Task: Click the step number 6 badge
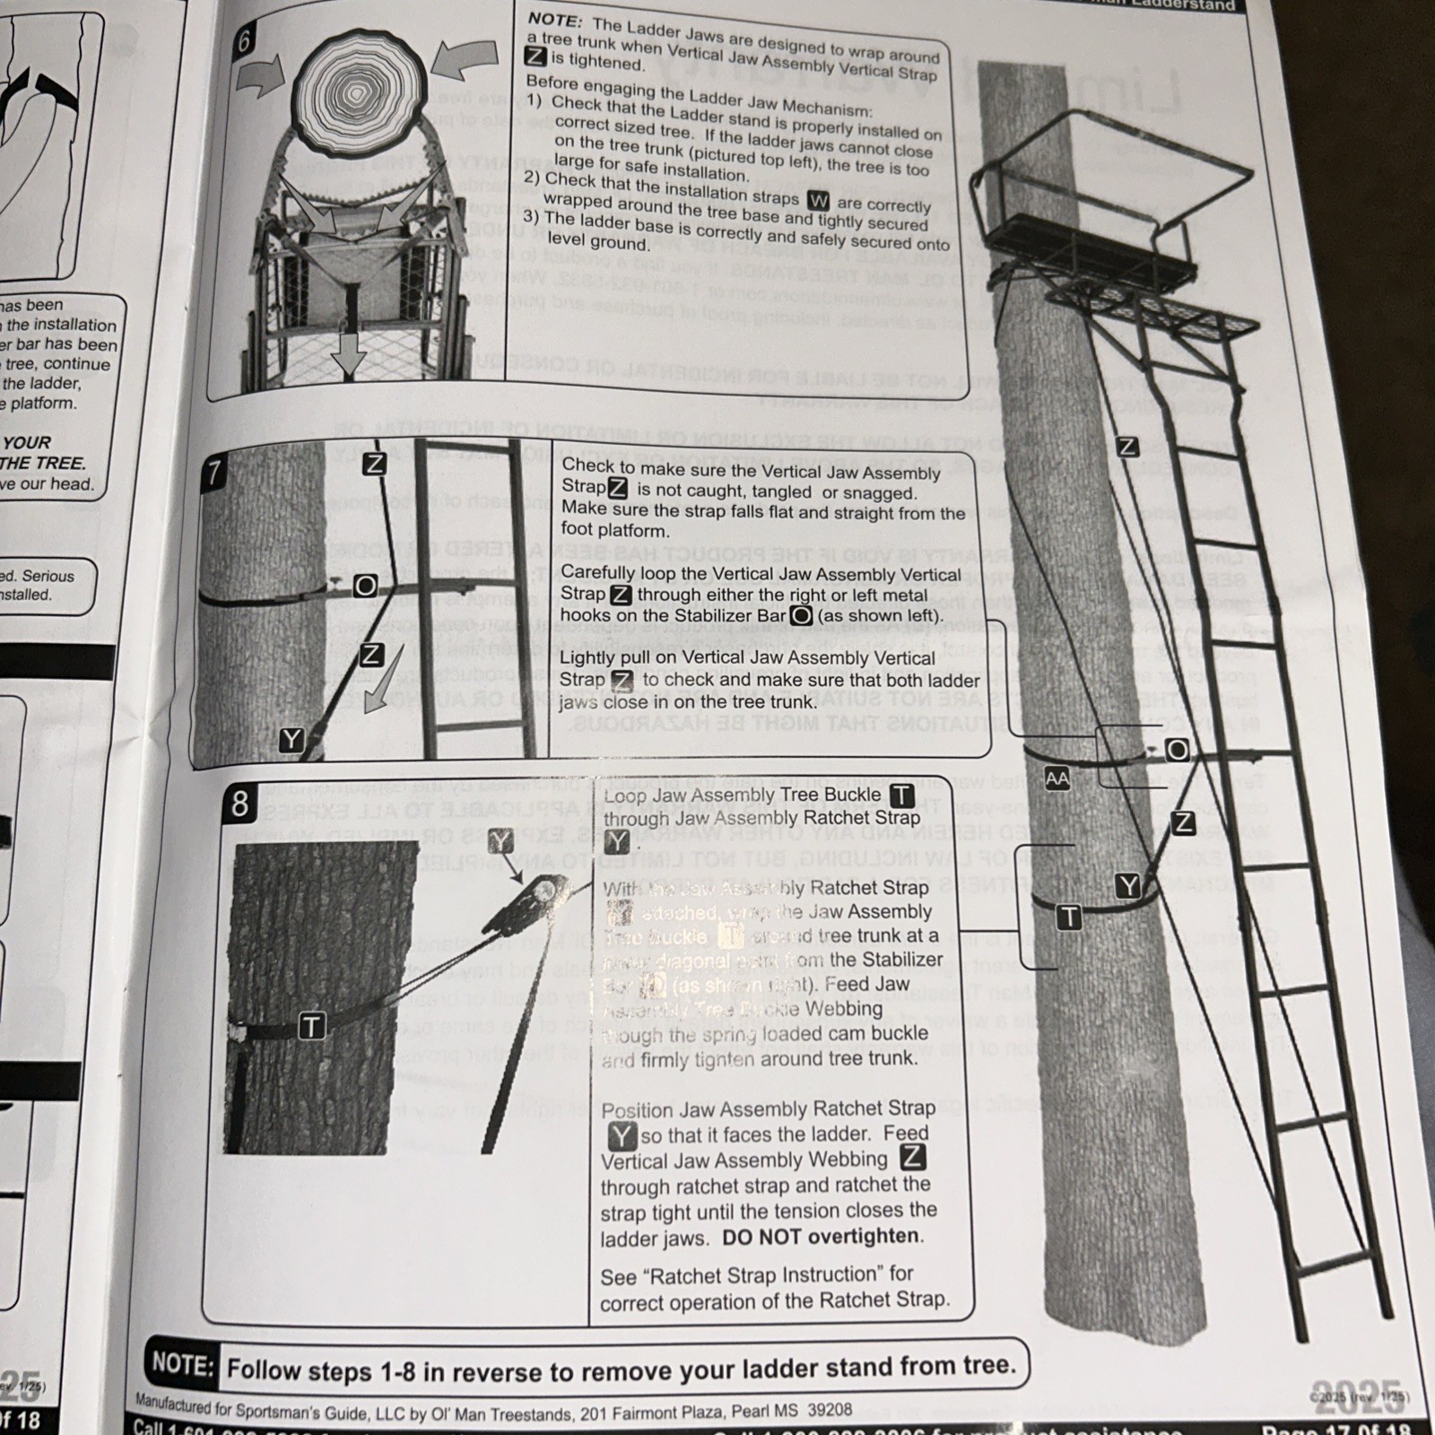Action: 244,40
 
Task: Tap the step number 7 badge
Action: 213,473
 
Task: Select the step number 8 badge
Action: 239,803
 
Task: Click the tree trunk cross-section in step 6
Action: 357,91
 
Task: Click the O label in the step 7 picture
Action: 365,586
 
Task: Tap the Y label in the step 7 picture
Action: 291,740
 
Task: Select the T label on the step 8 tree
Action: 311,1026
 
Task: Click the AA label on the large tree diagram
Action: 1057,778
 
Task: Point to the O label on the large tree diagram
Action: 1177,750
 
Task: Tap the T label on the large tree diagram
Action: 1068,917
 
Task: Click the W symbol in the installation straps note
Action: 818,200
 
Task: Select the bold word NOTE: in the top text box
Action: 554,19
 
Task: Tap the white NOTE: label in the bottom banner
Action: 182,1365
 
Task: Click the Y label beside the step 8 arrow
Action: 500,841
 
